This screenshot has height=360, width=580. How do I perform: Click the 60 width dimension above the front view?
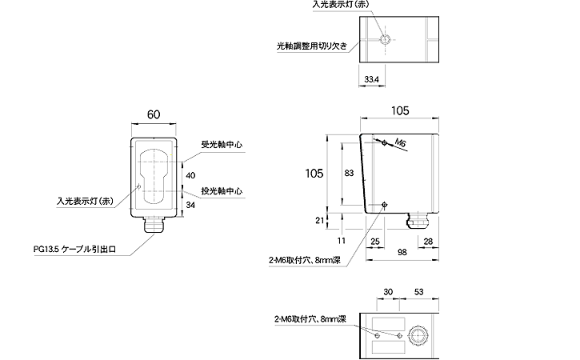click(154, 115)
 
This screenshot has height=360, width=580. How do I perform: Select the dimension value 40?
click(190, 174)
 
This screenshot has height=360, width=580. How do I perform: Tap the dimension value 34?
click(190, 206)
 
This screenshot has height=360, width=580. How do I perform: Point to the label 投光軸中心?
click(222, 192)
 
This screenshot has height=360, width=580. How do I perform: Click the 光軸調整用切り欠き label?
click(310, 46)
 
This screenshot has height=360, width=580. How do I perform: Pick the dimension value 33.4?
click(371, 79)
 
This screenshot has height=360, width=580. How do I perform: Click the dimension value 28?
click(427, 240)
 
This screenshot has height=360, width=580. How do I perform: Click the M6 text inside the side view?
click(402, 142)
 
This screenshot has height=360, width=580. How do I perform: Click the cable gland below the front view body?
click(154, 226)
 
